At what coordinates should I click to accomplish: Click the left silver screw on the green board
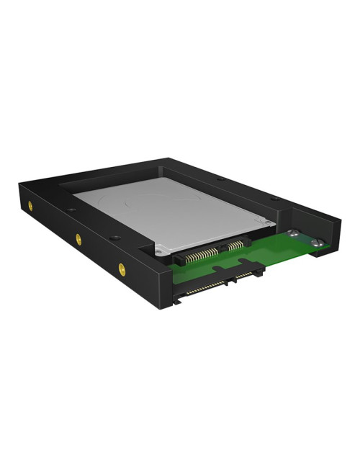293,233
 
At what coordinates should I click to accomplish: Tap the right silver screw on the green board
316,244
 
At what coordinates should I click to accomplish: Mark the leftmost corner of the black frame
16,189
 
